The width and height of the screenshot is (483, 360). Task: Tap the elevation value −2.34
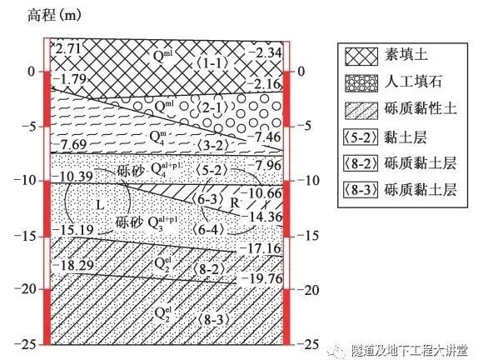pos(264,53)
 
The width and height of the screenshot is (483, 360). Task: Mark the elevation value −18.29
pos(73,264)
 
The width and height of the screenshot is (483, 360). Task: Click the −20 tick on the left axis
pos(32,289)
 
